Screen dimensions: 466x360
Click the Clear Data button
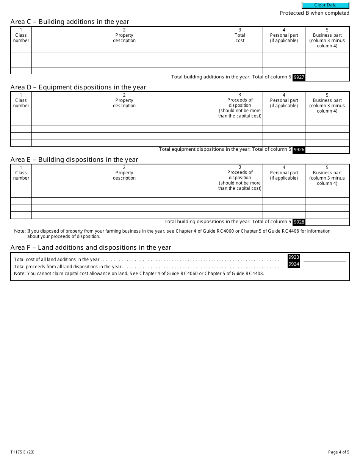325,5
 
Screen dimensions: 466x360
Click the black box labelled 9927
299,77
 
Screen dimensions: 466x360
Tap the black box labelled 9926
299,150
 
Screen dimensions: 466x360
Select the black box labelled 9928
299,222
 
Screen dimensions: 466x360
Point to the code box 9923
294,257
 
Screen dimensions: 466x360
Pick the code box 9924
294,264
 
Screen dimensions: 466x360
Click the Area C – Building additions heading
70,22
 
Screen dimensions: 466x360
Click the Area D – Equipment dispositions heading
78,87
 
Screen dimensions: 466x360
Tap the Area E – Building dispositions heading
74,160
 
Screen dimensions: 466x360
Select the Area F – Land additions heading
91,247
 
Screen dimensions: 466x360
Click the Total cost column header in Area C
240,38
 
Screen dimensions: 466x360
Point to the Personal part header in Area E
284,175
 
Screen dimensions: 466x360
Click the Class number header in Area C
21,38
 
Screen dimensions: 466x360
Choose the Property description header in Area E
124,175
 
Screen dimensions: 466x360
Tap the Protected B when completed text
314,13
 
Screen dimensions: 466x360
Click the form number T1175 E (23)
23,452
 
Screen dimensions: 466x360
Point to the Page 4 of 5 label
338,452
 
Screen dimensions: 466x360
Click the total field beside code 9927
327,77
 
